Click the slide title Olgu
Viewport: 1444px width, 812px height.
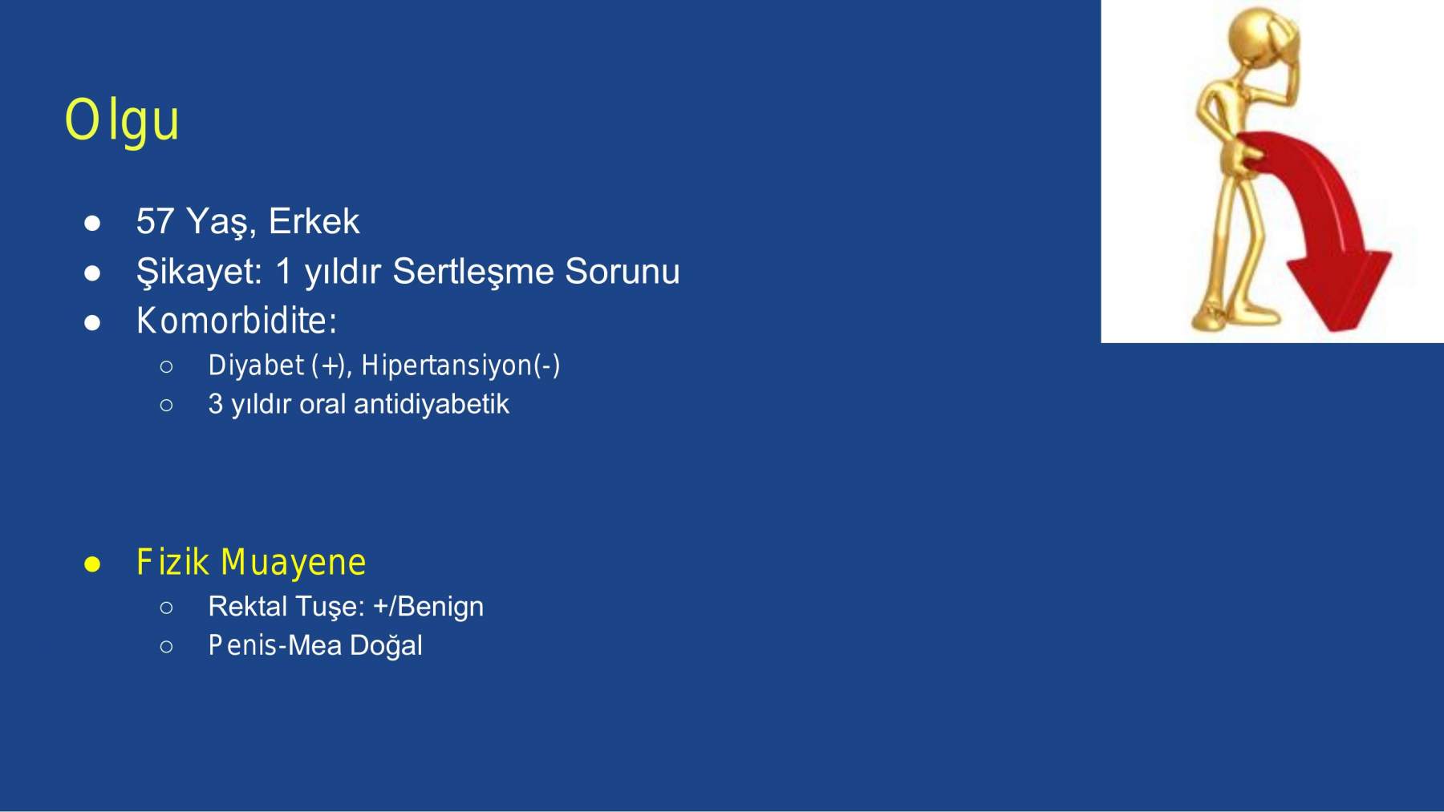coord(122,121)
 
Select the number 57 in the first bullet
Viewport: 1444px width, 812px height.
coord(155,221)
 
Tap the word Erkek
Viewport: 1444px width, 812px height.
coord(314,221)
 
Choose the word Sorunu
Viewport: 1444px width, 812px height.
coord(623,272)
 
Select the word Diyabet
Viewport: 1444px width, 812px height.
coord(256,366)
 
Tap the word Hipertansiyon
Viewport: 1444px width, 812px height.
coord(447,366)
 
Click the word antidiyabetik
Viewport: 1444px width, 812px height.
coord(432,404)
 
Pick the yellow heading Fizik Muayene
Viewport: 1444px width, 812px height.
coord(251,563)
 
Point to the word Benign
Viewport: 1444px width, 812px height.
coord(440,607)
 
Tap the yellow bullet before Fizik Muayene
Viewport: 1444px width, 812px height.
coord(92,564)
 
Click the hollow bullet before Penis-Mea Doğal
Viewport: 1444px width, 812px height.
coord(166,646)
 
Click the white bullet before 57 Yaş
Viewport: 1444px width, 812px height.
coord(92,223)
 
